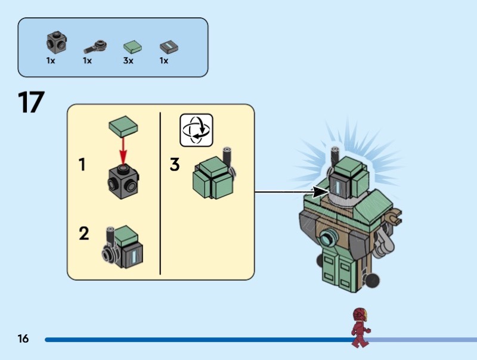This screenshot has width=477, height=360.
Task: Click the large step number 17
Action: tap(31, 102)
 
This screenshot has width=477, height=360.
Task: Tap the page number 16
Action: tap(23, 339)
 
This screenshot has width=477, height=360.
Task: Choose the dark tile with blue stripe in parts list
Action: tap(169, 47)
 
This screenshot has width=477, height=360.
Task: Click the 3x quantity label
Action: tap(128, 61)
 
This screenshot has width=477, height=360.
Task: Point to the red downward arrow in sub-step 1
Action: tap(123, 150)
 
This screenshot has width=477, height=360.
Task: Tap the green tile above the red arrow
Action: tap(123, 126)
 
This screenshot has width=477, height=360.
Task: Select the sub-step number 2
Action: tap(84, 233)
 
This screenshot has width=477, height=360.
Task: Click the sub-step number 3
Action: tap(175, 165)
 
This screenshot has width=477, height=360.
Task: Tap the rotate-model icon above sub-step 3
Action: tap(196, 129)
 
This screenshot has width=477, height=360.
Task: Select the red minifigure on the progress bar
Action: tap(360, 328)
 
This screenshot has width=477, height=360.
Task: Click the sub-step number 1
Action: tap(83, 165)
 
